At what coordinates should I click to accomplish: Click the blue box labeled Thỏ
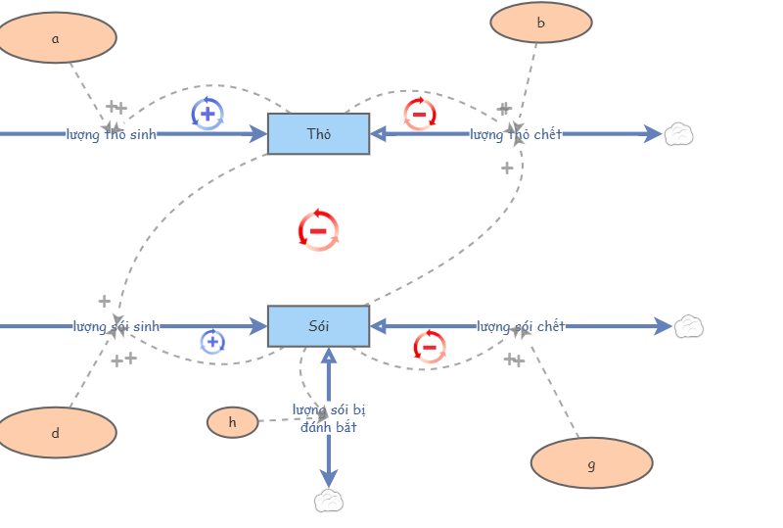(318, 134)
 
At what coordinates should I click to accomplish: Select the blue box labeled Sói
(318, 326)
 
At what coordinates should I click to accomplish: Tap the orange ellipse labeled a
(56, 37)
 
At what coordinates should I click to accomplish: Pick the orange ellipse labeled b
(540, 23)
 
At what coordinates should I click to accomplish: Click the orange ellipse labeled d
(56, 433)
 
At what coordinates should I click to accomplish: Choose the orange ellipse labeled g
(591, 463)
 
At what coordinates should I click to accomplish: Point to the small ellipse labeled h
(232, 422)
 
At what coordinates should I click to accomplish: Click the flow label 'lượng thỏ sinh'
(111, 134)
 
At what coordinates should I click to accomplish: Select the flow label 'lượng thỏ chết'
(516, 134)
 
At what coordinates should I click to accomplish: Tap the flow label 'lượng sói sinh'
(115, 326)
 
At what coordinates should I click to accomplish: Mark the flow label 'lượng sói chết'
(521, 326)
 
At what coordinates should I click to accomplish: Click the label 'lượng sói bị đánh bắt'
(329, 418)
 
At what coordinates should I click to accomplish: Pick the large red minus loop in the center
(318, 230)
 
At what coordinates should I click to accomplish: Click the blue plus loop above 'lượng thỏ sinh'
(207, 114)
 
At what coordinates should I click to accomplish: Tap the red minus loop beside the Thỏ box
(420, 114)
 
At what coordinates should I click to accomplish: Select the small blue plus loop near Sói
(212, 342)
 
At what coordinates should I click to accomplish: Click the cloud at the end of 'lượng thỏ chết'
(678, 134)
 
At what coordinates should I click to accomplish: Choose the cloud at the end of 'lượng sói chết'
(689, 326)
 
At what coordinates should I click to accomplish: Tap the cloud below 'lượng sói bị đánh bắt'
(329, 502)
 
